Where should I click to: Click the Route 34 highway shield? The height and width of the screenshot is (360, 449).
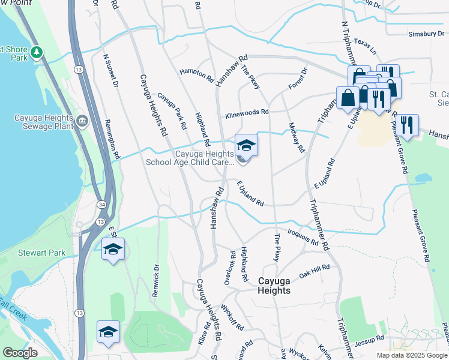[x=103, y=206]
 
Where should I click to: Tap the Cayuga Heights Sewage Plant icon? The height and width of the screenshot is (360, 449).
[x=81, y=121]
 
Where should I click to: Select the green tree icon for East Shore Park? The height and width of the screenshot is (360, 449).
[x=38, y=52]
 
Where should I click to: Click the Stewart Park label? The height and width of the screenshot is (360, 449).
[x=41, y=253]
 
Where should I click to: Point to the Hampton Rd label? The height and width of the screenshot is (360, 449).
[x=197, y=74]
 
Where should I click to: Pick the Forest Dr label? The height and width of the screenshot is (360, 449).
[x=298, y=79]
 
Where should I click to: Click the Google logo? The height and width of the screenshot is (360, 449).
[x=20, y=353]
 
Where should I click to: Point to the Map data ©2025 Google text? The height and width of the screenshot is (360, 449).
[x=411, y=355]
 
